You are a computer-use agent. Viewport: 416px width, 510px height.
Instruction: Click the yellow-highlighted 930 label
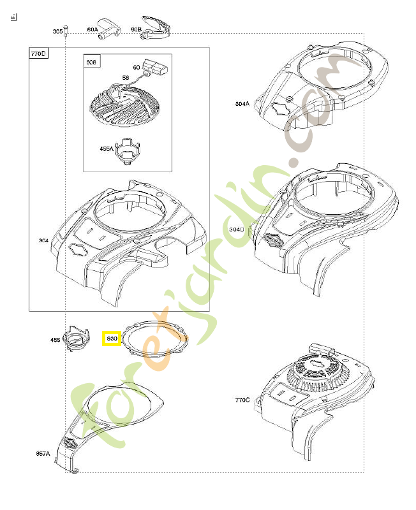pos(112,339)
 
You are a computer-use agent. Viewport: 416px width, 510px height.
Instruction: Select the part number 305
pos(57,31)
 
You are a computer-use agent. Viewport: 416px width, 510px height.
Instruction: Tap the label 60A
pos(92,29)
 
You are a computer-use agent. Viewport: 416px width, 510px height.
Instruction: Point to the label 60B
pos(135,29)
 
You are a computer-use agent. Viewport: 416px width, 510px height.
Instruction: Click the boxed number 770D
pos(39,54)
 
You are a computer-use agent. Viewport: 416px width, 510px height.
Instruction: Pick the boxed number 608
pos(91,62)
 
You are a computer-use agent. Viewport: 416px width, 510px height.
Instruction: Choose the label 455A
pos(106,149)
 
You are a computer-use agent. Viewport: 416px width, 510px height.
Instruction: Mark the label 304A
pos(242,104)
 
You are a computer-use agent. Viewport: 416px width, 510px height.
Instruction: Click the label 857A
pos(43,454)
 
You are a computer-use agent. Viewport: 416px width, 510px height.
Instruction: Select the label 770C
pos(242,400)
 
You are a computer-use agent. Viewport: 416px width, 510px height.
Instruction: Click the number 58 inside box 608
pos(126,78)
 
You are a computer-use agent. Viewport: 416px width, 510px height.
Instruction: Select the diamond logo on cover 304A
pos(279,110)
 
